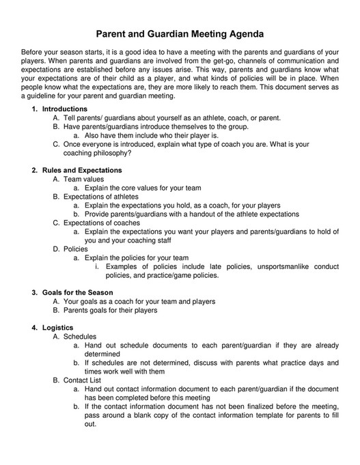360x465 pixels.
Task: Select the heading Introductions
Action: (65, 109)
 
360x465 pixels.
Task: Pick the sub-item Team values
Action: (83, 179)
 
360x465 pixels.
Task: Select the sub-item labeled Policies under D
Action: (76, 249)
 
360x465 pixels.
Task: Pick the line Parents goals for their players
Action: (110, 310)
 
